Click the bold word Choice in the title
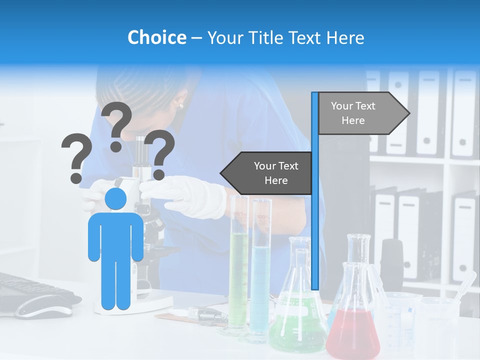156,37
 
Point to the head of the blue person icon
115,199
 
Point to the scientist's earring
180,105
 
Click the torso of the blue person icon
115,235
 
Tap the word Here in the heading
345,37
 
